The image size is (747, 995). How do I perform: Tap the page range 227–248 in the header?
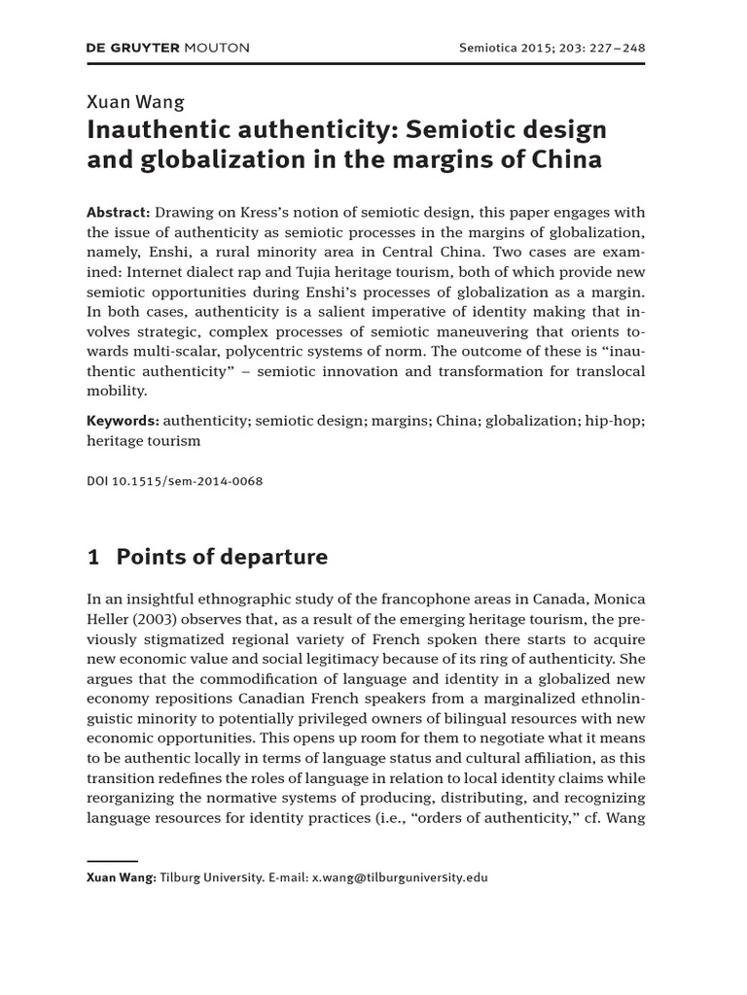click(x=609, y=48)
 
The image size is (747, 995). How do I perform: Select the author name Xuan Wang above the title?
click(x=135, y=101)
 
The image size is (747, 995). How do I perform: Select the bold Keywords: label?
click(x=124, y=421)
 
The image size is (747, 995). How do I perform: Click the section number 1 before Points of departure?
click(x=93, y=557)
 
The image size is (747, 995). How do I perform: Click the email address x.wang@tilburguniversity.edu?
click(x=399, y=877)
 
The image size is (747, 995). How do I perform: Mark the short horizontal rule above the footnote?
click(x=112, y=860)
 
